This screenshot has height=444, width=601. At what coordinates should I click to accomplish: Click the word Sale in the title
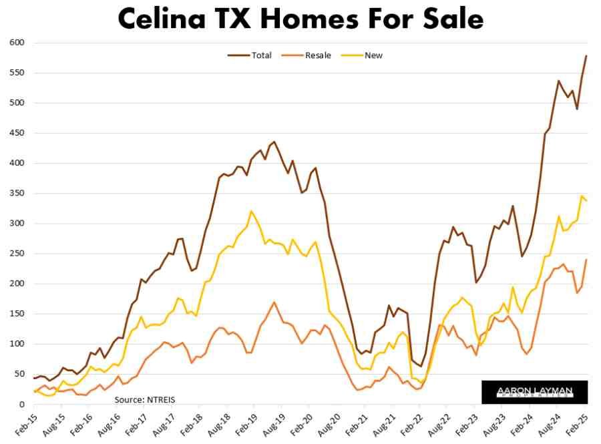(449, 19)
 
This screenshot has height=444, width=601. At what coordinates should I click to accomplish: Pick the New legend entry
(373, 55)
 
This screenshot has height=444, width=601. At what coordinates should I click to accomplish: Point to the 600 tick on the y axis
(17, 43)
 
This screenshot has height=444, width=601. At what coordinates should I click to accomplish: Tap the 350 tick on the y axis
(17, 194)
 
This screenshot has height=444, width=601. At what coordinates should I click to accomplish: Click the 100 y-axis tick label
(17, 344)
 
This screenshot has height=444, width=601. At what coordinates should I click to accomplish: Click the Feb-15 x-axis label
(23, 425)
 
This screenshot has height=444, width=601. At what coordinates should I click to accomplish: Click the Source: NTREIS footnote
(145, 399)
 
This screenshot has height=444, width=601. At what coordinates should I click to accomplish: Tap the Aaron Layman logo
(534, 392)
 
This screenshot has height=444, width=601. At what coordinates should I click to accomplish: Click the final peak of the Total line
(586, 55)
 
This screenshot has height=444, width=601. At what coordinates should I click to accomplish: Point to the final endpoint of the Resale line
(586, 260)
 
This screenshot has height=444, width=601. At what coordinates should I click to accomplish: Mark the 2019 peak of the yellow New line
(252, 211)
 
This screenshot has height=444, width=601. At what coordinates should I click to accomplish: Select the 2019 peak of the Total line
(274, 142)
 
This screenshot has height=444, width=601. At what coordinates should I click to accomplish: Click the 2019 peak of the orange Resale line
(274, 302)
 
